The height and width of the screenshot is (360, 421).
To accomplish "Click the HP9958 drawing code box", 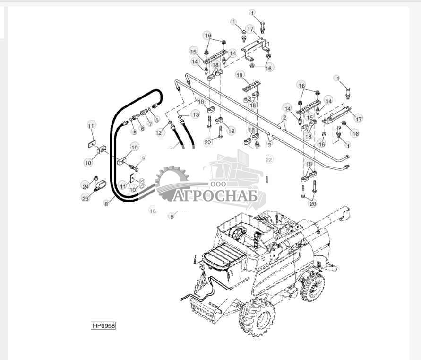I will pos(103,325).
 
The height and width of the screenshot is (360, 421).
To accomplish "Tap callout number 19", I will pos(240,75).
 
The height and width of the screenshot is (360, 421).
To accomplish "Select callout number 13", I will pos(196,115).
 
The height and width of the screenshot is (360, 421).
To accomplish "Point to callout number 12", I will pos(159,133).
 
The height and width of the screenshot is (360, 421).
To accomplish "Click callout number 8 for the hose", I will pos(106,204).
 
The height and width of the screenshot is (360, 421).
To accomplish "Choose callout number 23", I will pos(85,199).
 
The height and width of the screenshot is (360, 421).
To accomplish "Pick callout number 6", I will pos(142,128).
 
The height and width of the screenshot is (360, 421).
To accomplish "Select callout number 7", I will pos(150,124).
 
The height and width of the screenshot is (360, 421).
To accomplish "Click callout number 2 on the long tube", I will pos(284,117).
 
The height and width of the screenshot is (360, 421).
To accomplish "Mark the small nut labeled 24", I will pos(96,179).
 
